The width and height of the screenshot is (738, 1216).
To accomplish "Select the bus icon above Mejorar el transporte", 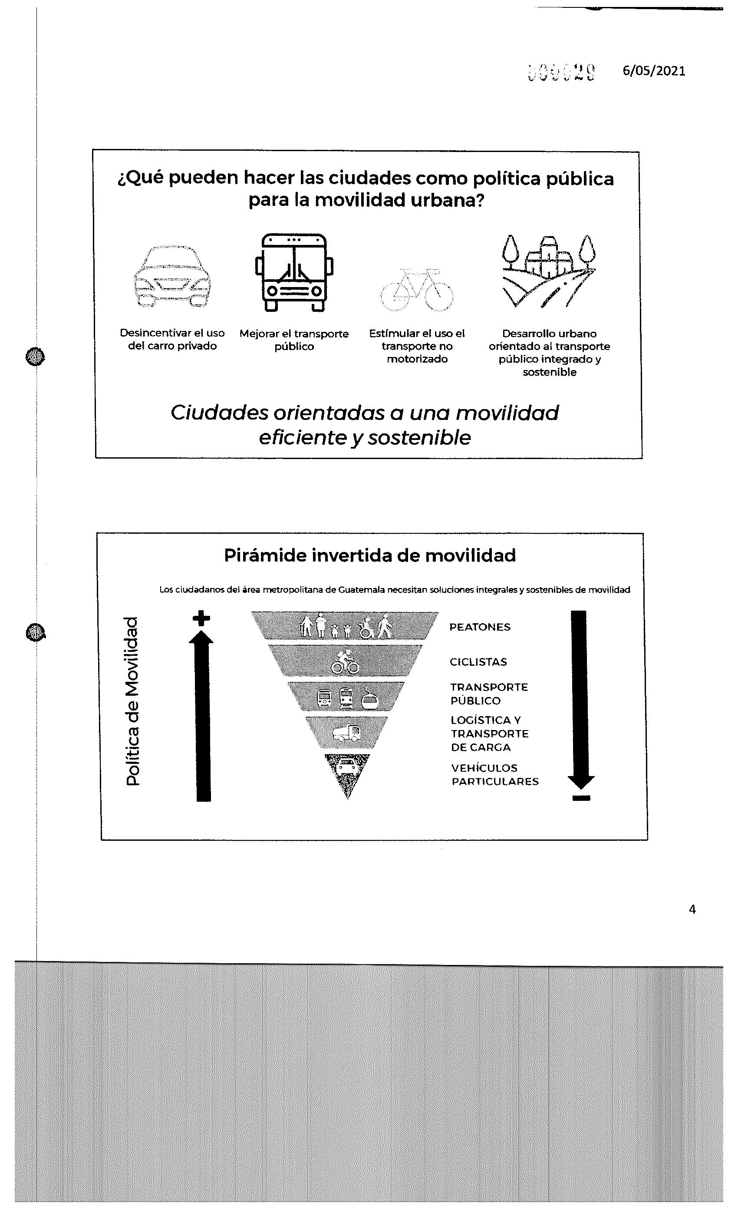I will [x=294, y=272].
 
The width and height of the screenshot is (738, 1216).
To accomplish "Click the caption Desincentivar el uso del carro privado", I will [x=172, y=340].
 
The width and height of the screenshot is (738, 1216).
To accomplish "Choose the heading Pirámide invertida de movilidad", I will [x=369, y=555].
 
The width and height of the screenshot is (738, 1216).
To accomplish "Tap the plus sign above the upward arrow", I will [x=201, y=618].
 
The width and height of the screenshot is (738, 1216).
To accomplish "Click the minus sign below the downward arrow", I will [x=582, y=798].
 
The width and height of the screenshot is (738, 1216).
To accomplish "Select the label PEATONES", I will [x=480, y=627].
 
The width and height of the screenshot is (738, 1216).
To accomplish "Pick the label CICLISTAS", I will [x=478, y=662].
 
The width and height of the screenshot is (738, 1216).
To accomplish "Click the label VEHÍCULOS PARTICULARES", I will [x=494, y=775].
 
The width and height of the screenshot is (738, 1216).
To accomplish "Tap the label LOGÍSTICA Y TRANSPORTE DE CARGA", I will [x=489, y=734].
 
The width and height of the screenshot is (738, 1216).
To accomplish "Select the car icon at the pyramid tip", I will [x=347, y=768].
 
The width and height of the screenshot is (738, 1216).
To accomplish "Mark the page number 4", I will [x=692, y=909].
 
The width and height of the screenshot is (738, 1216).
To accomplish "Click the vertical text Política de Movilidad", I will [x=132, y=701].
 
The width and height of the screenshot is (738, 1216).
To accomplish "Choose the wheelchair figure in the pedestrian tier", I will [x=366, y=629].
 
